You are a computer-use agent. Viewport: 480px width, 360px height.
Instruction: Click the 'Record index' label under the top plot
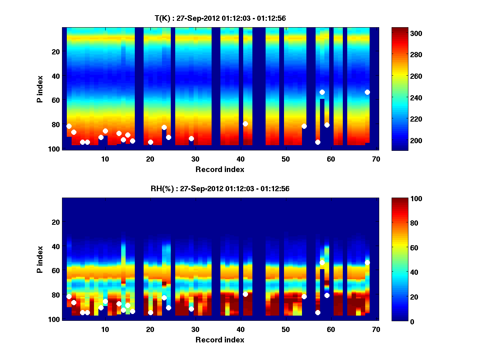click(x=220, y=169)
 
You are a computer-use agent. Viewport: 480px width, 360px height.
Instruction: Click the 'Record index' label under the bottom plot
click(x=220, y=340)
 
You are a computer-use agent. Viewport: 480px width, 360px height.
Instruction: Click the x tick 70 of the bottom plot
click(x=376, y=329)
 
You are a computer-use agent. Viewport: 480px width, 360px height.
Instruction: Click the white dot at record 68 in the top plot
click(x=367, y=92)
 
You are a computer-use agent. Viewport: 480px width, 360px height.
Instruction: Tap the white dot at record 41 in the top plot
click(x=245, y=124)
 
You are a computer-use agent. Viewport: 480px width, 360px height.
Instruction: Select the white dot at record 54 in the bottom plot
click(x=304, y=296)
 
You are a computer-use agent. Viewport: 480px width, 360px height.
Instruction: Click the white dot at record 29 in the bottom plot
click(x=191, y=309)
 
